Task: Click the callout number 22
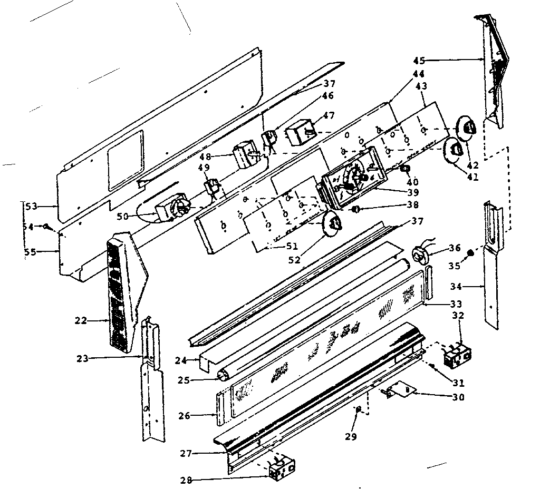pos(81,320)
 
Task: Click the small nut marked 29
pos(359,409)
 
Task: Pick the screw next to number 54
pos(46,227)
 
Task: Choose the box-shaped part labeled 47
pos(298,132)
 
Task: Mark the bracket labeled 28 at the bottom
pos(282,468)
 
